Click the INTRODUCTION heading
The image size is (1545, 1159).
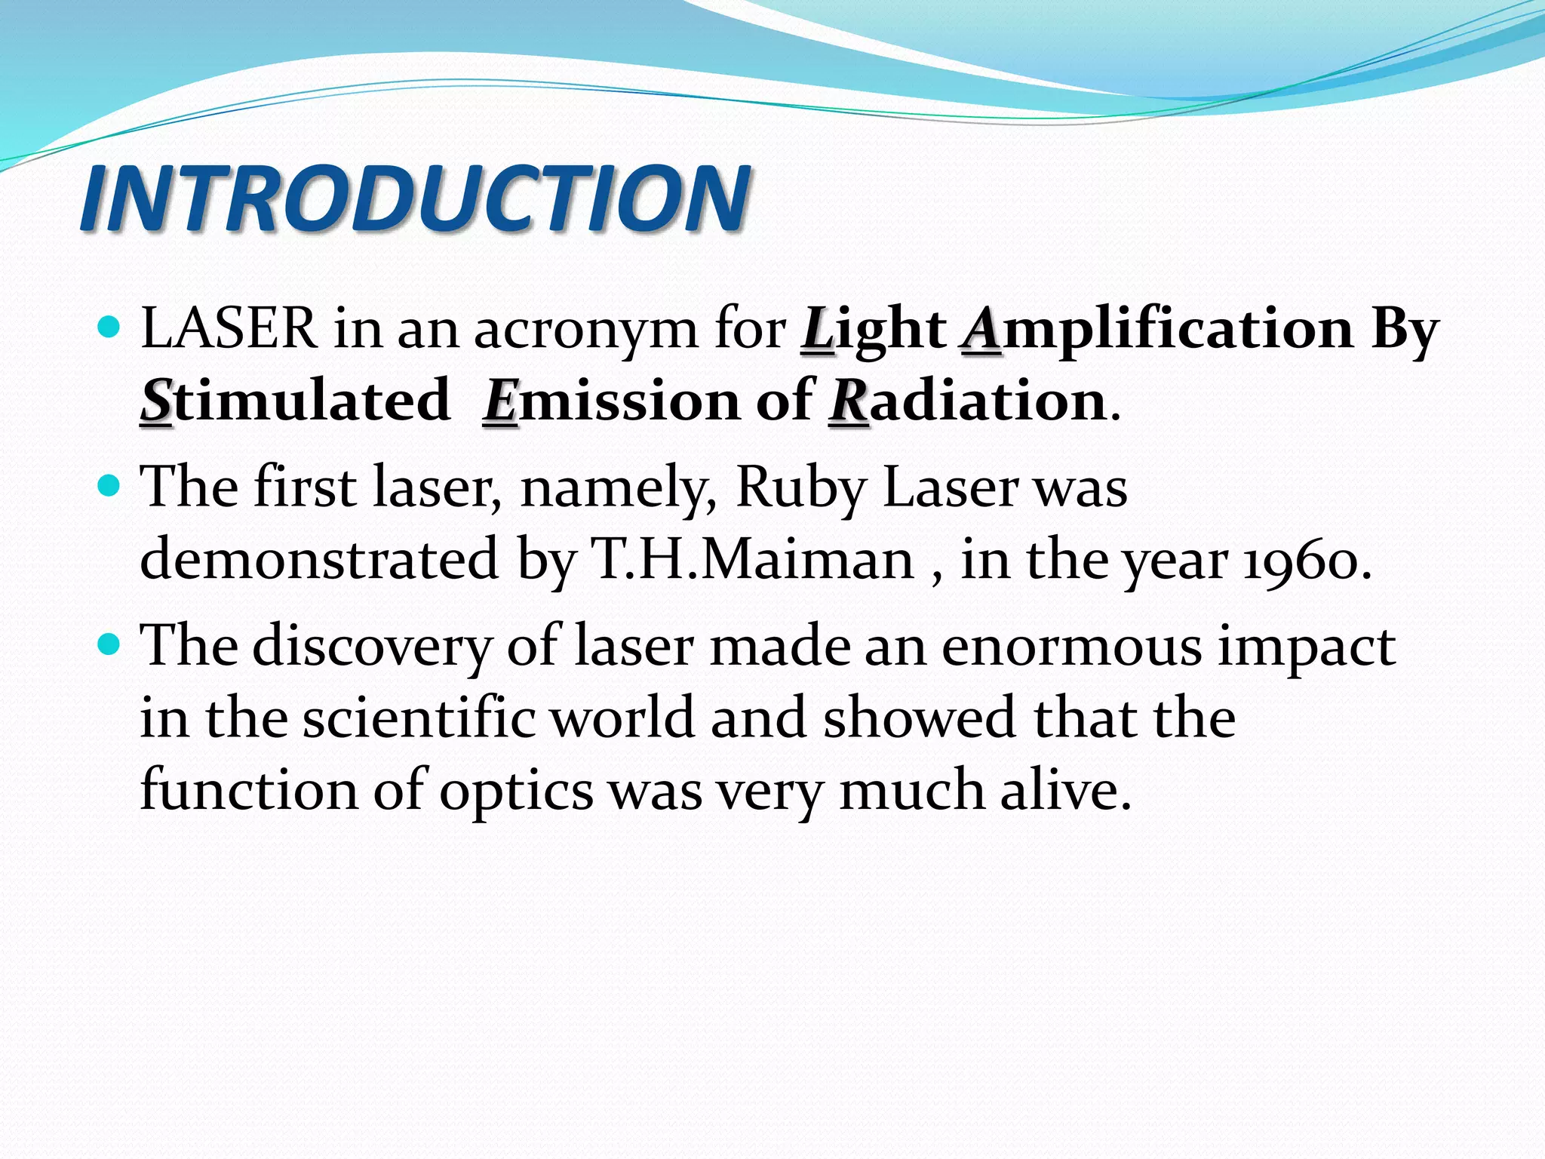pos(415,198)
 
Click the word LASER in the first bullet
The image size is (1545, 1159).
pos(229,329)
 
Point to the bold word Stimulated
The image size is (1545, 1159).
pos(295,401)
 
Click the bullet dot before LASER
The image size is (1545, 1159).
pos(109,327)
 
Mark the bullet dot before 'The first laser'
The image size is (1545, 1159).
pos(109,485)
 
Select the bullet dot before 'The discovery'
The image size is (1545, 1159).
pos(109,644)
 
